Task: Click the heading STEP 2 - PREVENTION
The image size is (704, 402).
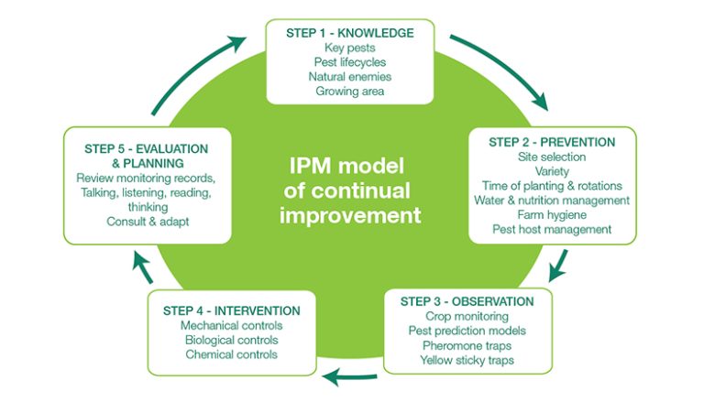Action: point(552,142)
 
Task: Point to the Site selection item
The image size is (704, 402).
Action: point(552,157)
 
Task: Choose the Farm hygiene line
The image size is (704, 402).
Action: point(552,215)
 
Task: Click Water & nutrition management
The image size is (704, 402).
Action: point(552,201)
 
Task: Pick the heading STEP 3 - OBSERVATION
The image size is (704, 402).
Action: point(467,301)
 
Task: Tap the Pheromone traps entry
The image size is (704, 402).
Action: point(467,346)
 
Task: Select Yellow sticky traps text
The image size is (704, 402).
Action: point(467,361)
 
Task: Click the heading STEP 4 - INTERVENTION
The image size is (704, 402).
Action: point(231,310)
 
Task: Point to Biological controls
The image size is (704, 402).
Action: point(231,340)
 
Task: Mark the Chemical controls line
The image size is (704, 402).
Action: point(231,354)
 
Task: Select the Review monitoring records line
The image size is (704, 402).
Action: point(146,177)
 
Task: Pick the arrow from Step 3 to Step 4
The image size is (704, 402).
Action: point(352,375)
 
